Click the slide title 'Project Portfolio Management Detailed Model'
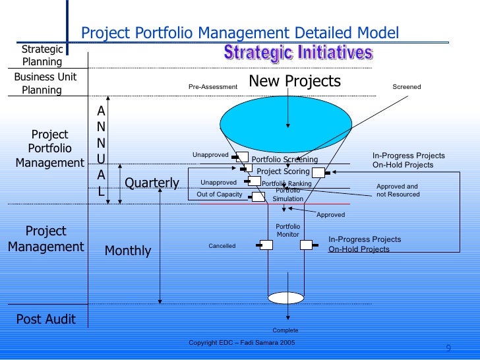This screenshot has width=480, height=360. click(239, 32)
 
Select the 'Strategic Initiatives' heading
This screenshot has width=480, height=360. click(298, 53)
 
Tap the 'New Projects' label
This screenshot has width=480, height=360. click(295, 81)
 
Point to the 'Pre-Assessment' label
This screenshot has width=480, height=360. click(212, 87)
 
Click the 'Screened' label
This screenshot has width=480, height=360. click(406, 87)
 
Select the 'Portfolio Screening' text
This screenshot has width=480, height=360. click(285, 160)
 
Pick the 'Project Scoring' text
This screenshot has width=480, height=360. click(283, 171)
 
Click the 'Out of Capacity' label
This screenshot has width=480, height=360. click(220, 195)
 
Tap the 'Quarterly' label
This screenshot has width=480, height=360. click(152, 183)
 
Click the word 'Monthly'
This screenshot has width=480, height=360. click(128, 251)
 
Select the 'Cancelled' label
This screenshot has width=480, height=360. click(222, 246)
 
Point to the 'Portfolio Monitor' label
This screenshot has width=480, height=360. click(287, 231)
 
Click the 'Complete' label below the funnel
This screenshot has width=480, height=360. click(285, 330)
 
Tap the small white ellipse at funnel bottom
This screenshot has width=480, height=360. click(285, 297)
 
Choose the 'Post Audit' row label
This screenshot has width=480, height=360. click(46, 320)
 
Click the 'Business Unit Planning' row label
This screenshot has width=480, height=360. click(45, 84)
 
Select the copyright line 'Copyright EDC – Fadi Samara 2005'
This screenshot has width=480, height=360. click(242, 344)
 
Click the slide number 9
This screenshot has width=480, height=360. click(448, 349)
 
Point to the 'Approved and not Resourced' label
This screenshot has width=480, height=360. click(398, 191)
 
